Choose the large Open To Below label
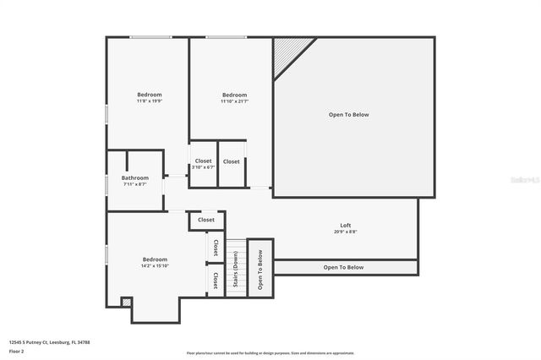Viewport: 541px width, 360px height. pyautogui.click(x=348, y=115)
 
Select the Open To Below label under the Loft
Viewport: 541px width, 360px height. pyautogui.click(x=343, y=268)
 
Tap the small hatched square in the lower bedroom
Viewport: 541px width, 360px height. pyautogui.click(x=127, y=302)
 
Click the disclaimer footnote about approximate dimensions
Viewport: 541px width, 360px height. pyautogui.click(x=271, y=352)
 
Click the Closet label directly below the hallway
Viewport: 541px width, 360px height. pyautogui.click(x=206, y=220)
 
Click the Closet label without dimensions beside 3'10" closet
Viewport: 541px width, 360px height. pyautogui.click(x=232, y=161)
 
